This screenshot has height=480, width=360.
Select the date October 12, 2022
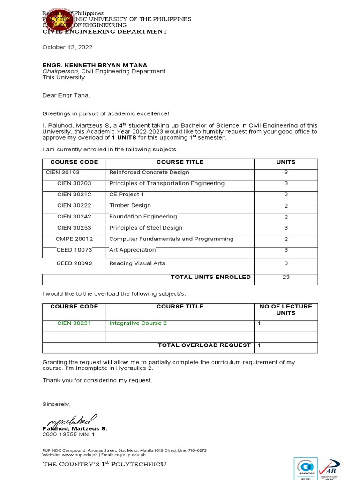[x=67, y=47]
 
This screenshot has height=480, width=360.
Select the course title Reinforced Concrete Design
[x=149, y=172]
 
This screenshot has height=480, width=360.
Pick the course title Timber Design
[x=130, y=205]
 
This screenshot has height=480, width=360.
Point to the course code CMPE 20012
[x=74, y=239]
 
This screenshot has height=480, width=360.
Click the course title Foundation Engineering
[x=143, y=217]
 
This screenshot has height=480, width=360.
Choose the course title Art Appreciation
[x=132, y=250]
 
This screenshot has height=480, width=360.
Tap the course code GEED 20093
[x=74, y=263]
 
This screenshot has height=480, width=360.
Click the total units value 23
[x=286, y=277]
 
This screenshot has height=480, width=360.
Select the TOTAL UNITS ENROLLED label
[x=210, y=277]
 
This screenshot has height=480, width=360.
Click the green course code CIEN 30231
[x=74, y=323]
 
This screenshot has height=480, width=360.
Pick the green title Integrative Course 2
[x=138, y=323]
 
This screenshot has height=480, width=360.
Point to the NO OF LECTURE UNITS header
[x=285, y=309]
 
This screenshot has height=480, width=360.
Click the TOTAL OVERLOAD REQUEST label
[x=204, y=345]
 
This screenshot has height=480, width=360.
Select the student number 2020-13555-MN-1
[x=68, y=435]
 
